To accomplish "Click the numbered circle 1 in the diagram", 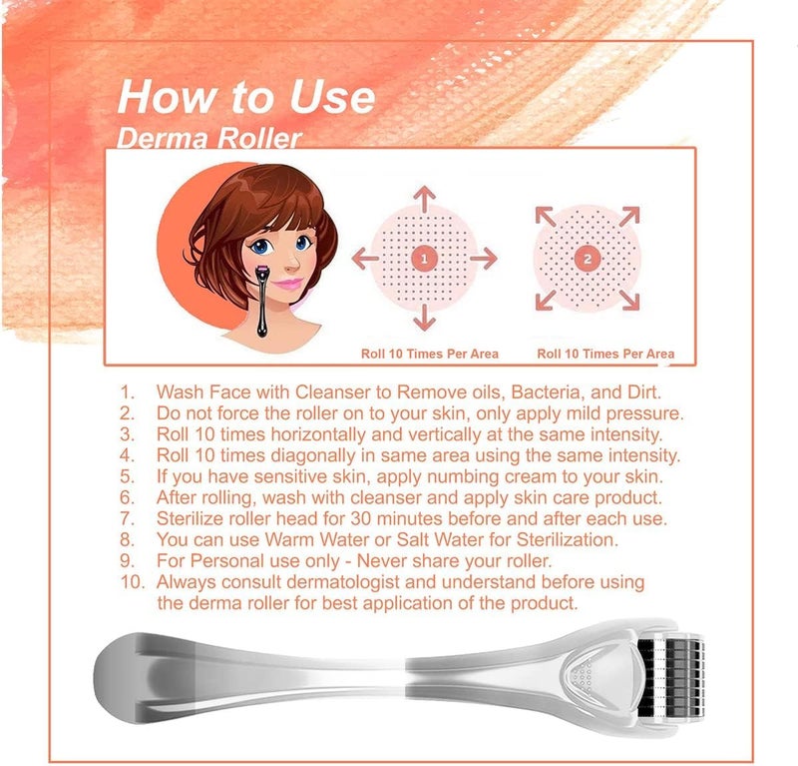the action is [x=424, y=259].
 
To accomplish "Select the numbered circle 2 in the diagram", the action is [x=588, y=259].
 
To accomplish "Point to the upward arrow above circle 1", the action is [x=424, y=199].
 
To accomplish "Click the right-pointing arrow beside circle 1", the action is [x=483, y=258].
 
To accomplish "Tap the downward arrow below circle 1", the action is [x=424, y=318].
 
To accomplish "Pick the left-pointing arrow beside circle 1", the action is [x=365, y=258].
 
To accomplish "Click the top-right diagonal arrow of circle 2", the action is [x=629, y=216].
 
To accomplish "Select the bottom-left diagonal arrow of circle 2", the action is [x=545, y=301].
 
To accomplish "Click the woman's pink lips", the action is [x=288, y=284].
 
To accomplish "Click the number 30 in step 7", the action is [x=361, y=518].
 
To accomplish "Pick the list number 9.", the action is [x=128, y=561].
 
